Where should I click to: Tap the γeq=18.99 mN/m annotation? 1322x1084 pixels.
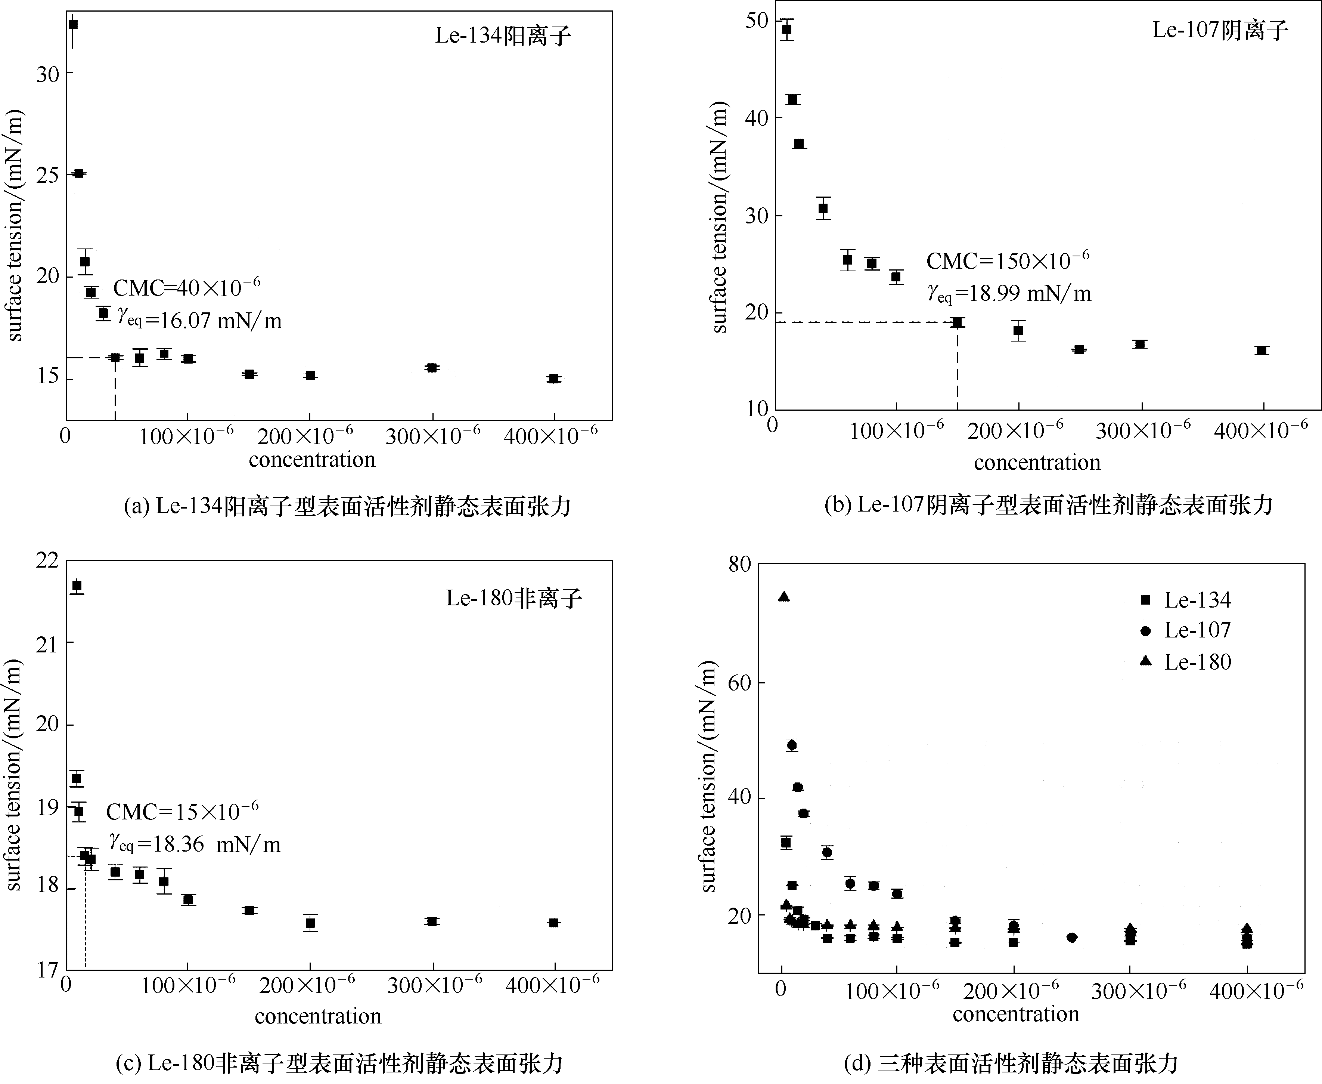pyautogui.click(x=1009, y=293)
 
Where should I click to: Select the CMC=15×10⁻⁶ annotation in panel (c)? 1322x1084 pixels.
pyautogui.click(x=182, y=811)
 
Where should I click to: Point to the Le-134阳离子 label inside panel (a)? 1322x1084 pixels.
pyautogui.click(x=502, y=35)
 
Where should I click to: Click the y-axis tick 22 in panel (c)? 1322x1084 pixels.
pyautogui.click(x=47, y=560)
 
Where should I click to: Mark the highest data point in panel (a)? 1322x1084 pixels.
pyautogui.click(x=73, y=24)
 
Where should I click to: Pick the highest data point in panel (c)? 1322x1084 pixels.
pyautogui.click(x=77, y=586)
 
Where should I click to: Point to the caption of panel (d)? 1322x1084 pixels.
pyautogui.click(x=1011, y=1062)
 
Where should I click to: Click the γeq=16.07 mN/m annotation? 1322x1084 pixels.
pyautogui.click(x=199, y=320)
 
